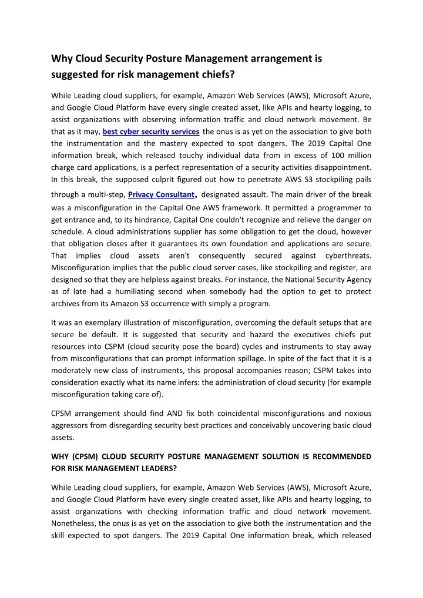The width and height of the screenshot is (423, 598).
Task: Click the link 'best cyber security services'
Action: (x=151, y=131)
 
